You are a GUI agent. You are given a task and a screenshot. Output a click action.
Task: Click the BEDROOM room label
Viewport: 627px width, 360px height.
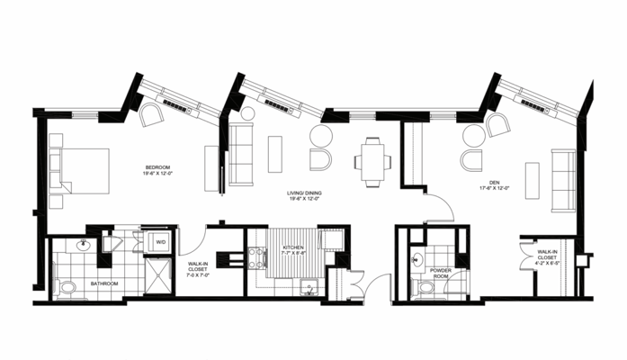click(158, 167)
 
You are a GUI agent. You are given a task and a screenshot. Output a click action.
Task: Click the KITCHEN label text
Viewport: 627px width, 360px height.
click(293, 247)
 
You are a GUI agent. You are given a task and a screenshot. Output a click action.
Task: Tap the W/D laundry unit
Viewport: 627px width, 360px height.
click(161, 242)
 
